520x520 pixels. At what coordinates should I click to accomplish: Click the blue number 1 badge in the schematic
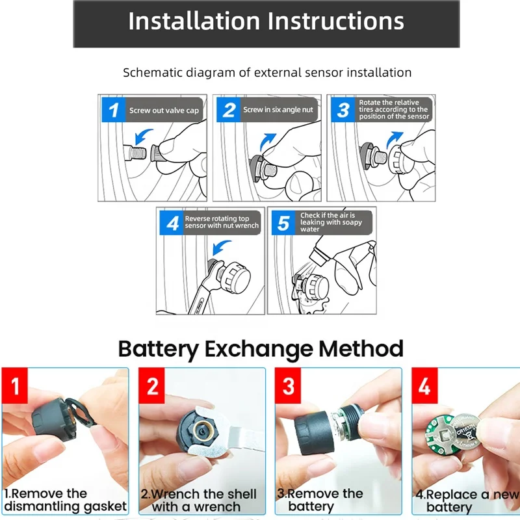click(113, 110)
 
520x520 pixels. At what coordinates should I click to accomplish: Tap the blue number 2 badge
click(228, 110)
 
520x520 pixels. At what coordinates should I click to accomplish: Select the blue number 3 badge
click(343, 110)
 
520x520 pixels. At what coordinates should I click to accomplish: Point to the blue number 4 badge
click(172, 223)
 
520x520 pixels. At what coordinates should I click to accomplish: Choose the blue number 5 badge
click(283, 223)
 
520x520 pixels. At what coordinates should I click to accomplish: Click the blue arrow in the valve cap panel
click(143, 135)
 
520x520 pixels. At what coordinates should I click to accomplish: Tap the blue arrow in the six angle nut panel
click(267, 142)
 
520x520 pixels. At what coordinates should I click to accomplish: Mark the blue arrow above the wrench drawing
click(220, 247)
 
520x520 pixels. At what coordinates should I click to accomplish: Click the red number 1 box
click(14, 385)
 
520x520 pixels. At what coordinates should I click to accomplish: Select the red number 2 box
click(151, 385)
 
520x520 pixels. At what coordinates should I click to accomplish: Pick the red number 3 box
click(288, 385)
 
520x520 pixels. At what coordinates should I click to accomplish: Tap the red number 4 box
click(424, 385)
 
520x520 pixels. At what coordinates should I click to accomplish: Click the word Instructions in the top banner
click(335, 21)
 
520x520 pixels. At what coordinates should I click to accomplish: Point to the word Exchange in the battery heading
click(259, 349)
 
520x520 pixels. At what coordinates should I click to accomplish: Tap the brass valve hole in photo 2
click(201, 430)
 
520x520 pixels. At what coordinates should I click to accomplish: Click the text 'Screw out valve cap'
click(164, 110)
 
